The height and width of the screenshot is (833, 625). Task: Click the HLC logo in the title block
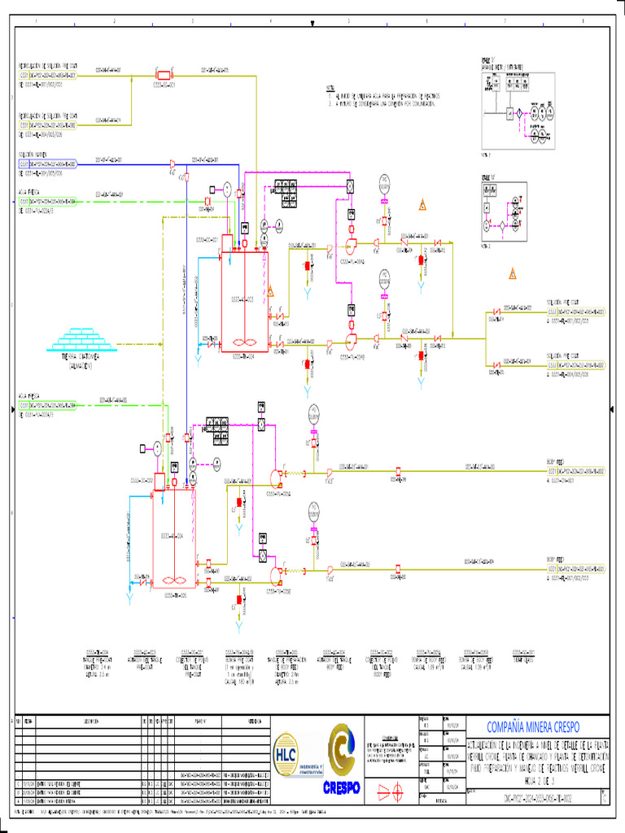286,750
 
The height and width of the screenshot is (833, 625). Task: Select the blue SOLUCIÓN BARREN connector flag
48,164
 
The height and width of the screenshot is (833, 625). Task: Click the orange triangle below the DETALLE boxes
513,273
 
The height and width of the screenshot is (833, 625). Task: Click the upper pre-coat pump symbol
352,245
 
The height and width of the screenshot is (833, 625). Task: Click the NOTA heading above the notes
330,87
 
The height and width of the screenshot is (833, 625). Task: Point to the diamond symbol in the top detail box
514,114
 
